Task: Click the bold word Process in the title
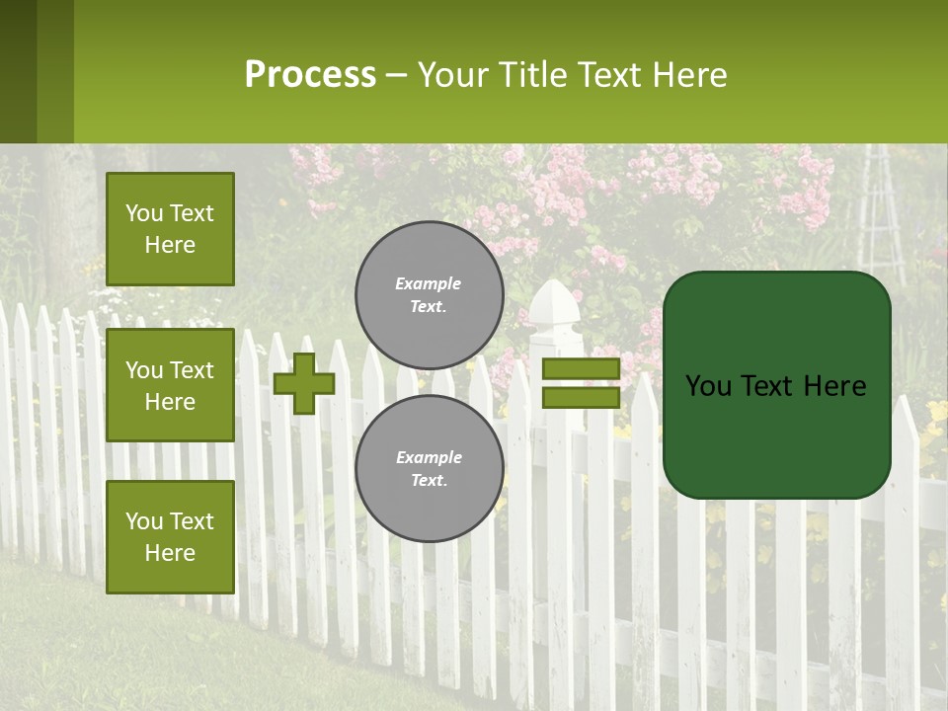click(310, 75)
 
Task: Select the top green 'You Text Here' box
click(170, 229)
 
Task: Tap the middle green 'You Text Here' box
click(170, 385)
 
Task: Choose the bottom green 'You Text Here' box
click(170, 536)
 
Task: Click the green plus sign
click(304, 383)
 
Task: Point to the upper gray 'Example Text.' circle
click(429, 294)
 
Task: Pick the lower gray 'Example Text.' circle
click(429, 468)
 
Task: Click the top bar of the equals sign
click(581, 369)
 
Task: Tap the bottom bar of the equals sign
click(581, 397)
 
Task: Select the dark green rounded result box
click(776, 385)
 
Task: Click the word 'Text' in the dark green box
click(777, 386)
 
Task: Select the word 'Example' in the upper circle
click(429, 283)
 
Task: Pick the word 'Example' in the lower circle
click(429, 457)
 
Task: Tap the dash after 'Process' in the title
click(396, 76)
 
